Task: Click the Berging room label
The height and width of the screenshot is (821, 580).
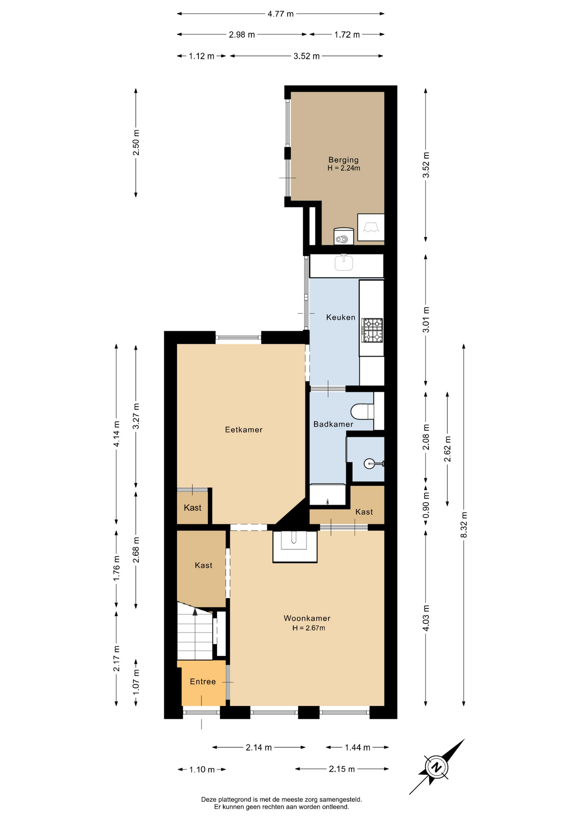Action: tap(343, 160)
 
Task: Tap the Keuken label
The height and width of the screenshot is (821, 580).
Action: tap(340, 317)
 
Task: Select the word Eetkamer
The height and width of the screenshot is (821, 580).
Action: tap(243, 430)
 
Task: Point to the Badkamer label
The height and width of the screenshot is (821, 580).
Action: tap(333, 424)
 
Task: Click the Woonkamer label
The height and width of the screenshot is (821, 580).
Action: tap(307, 618)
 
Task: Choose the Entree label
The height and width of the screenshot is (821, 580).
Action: tap(203, 682)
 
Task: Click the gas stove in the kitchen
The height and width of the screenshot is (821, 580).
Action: tap(372, 330)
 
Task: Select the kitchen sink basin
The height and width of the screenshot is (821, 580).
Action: tap(344, 263)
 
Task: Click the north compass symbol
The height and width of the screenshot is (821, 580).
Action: tap(436, 767)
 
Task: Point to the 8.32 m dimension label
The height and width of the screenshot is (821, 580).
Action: tap(464, 525)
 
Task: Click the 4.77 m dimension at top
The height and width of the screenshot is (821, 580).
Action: tap(281, 14)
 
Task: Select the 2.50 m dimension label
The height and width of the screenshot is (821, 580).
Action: tap(136, 142)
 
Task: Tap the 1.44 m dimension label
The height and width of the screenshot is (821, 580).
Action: tap(357, 747)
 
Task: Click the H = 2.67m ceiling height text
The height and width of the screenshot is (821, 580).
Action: tap(309, 628)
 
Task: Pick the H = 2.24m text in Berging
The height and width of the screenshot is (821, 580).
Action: tap(344, 168)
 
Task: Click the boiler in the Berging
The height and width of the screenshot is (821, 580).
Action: tap(343, 236)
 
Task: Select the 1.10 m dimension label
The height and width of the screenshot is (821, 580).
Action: tap(202, 770)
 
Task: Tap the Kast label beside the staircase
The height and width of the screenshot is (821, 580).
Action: tap(203, 565)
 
